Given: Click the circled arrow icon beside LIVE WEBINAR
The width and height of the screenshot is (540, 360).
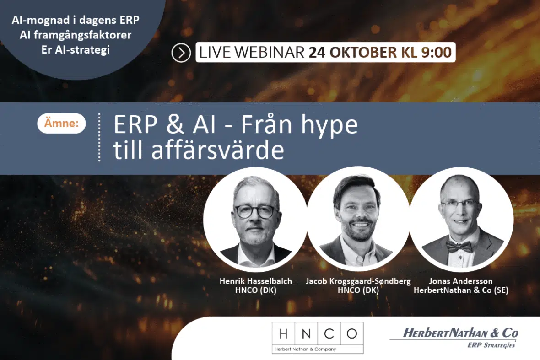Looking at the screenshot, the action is tap(181, 53).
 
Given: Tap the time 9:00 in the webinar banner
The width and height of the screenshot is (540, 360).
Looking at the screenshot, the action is tap(436, 52).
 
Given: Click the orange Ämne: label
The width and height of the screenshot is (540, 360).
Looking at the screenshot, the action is tap(61, 123).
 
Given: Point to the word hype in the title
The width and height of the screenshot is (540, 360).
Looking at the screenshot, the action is tap(329, 126).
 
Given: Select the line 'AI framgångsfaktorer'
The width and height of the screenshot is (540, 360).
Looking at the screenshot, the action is tap(76, 35).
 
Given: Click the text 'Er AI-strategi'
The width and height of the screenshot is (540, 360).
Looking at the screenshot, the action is tap(76, 49).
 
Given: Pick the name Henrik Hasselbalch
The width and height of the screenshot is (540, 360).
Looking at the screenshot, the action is tap(255, 281).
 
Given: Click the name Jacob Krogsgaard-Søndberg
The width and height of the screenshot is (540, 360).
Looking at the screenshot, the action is tap(358, 281).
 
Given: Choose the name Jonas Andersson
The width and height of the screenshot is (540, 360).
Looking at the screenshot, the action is tap(461, 281).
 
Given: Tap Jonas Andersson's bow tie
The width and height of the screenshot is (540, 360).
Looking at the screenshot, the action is tap(459, 247).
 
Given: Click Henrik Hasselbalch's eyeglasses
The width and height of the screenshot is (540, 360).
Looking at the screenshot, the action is tap(256, 211).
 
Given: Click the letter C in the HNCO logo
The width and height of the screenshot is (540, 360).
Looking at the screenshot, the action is tap(329, 333).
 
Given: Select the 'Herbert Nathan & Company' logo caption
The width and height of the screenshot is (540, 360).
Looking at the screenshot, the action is tap(305, 349).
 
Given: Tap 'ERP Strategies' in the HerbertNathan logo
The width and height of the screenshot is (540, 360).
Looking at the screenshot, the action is tap(491, 345).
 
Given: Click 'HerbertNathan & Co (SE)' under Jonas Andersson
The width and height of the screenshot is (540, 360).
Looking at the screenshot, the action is tap(461, 290).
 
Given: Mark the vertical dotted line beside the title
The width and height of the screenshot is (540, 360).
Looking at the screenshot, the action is tap(99, 137).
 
